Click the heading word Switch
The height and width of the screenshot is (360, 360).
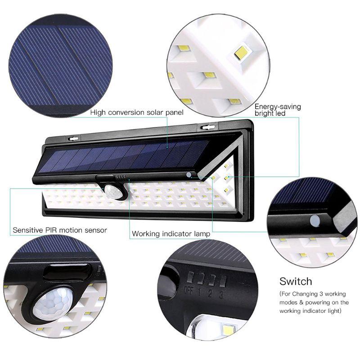tap(296, 281)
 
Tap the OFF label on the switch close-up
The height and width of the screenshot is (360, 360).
tap(189, 290)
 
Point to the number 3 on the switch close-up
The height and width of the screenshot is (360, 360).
tap(221, 294)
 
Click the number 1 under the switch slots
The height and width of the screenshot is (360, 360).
tap(199, 292)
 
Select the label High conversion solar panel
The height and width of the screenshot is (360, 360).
tap(137, 112)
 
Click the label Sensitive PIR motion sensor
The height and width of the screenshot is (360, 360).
tap(60, 230)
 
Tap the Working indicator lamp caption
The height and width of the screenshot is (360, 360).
tap(171, 234)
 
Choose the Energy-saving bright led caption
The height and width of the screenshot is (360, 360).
tap(278, 110)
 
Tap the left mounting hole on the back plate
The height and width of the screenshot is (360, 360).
tap(73, 139)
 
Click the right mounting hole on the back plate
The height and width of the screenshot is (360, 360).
tap(208, 127)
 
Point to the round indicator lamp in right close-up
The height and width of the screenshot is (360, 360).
tap(315, 221)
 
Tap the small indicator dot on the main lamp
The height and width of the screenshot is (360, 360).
tap(189, 175)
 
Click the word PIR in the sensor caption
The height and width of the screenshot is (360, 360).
tap(51, 230)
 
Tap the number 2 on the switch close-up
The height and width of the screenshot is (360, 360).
tap(210, 293)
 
